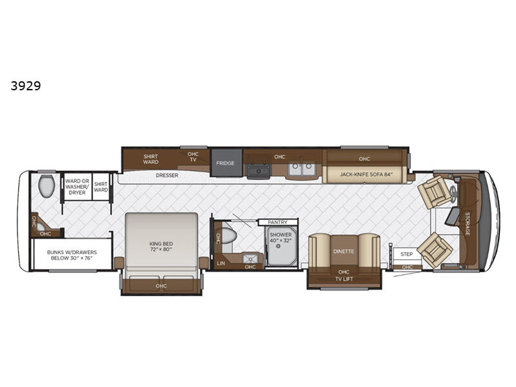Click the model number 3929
click(x=26, y=86)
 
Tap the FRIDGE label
click(x=225, y=163)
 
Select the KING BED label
click(x=161, y=246)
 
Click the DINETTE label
click(x=344, y=252)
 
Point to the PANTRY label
click(x=278, y=223)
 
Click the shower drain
click(x=278, y=246)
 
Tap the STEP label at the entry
click(x=407, y=254)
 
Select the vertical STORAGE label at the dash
click(x=467, y=224)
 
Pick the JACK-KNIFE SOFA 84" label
click(x=366, y=174)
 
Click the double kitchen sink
click(x=302, y=169)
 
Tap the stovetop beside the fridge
click(x=259, y=168)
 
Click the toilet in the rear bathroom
click(x=46, y=186)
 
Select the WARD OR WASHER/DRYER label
click(x=77, y=186)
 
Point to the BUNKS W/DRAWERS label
click(x=72, y=255)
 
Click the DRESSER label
click(x=167, y=175)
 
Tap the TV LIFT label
click(x=344, y=279)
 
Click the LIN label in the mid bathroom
click(x=221, y=263)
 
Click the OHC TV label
click(x=193, y=157)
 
